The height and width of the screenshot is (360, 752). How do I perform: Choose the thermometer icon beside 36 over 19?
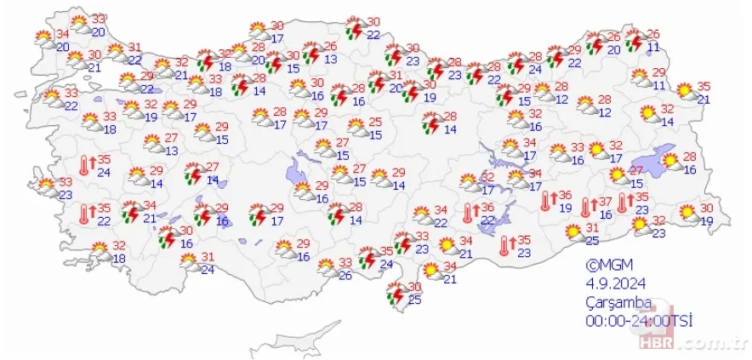[547, 200]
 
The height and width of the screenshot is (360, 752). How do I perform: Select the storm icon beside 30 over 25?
[395, 293]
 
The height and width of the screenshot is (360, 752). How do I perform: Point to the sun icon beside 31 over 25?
[573, 231]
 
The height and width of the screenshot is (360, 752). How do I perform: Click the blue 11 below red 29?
[659, 85]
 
